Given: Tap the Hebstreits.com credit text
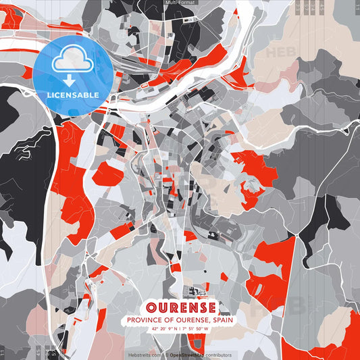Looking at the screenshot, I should point(143,355).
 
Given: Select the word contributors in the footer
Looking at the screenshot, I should point(218,355).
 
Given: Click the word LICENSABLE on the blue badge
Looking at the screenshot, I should point(73,95).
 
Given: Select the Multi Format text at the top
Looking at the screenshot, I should point(180,3).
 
